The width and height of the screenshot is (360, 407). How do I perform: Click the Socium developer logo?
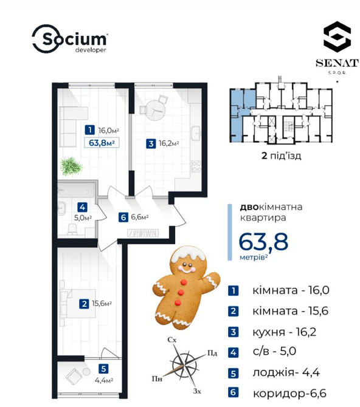pos(69,39)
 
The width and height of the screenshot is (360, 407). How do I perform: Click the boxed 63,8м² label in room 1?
pos(102,143)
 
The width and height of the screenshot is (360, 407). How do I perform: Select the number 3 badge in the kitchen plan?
pos(151,143)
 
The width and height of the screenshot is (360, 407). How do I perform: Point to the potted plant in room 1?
pos(71,166)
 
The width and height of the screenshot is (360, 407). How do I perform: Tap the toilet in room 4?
pos(72,229)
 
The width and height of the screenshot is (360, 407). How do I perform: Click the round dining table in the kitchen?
pos(155,111)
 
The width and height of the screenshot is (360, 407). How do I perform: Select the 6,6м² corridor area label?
pos(140,217)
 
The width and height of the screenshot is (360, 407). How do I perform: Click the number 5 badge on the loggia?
pos(103,369)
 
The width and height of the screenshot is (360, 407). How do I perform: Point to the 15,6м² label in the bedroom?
pos(102,304)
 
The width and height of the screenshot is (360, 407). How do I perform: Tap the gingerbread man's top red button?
pos(184,282)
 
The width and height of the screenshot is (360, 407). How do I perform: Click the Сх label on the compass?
pos(172,340)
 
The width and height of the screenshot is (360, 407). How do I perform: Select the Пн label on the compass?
pos(157,378)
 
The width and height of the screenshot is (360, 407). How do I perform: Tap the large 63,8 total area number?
pos(263,242)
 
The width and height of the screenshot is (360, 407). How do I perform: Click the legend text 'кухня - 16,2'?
pos(285,332)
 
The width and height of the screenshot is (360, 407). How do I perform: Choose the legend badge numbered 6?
pos(233,392)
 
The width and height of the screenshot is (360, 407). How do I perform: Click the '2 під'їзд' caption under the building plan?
pos(281,156)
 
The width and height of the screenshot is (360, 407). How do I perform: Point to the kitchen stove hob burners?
pos(196,166)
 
